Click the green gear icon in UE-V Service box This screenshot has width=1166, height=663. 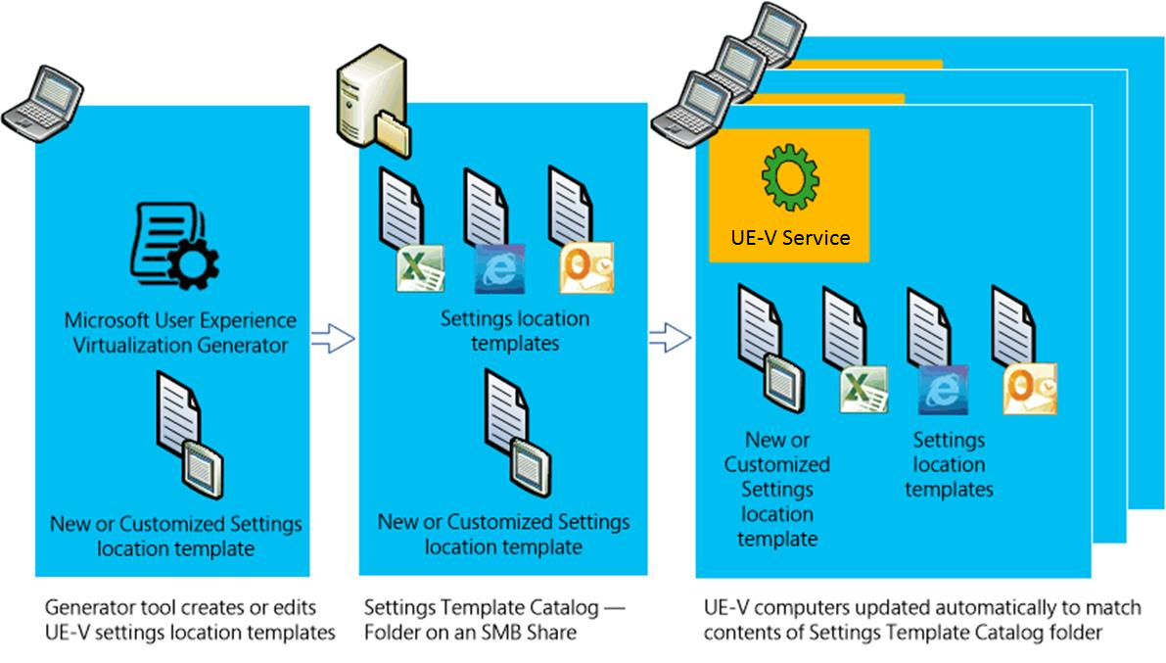(788, 178)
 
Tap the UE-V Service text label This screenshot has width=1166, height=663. (789, 237)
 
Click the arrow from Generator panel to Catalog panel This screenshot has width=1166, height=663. (333, 340)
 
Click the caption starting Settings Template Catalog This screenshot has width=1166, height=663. (493, 620)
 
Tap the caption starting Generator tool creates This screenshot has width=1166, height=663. (190, 620)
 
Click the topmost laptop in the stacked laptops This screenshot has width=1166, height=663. (772, 29)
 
